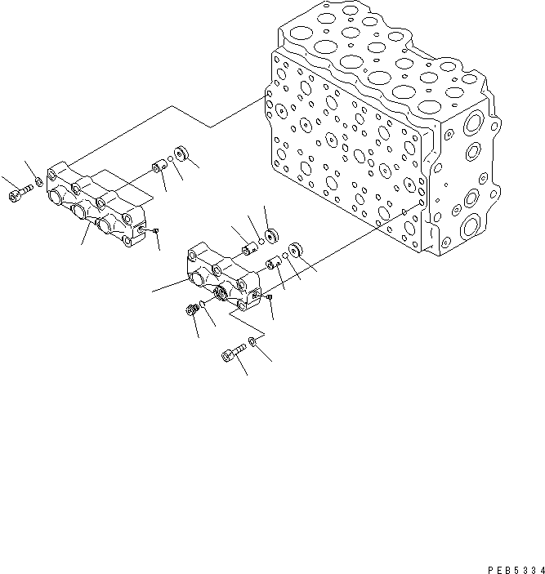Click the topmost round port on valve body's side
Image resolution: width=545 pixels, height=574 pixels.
(x=471, y=125)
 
